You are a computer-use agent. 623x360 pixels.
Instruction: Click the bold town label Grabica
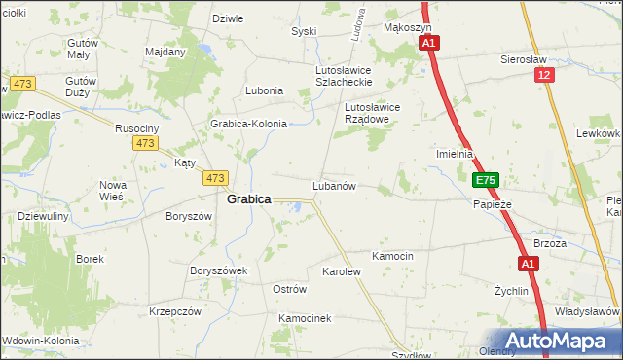248,198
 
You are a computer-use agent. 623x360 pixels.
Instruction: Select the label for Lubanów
333,185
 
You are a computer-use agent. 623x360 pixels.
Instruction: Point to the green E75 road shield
487,180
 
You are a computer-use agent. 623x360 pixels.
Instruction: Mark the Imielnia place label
454,154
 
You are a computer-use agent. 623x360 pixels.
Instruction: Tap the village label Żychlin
510,290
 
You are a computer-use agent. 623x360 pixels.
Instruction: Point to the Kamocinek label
306,318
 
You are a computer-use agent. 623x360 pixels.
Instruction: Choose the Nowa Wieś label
113,190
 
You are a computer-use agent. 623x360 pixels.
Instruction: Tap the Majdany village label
165,51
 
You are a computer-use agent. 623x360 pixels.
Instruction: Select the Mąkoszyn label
407,28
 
